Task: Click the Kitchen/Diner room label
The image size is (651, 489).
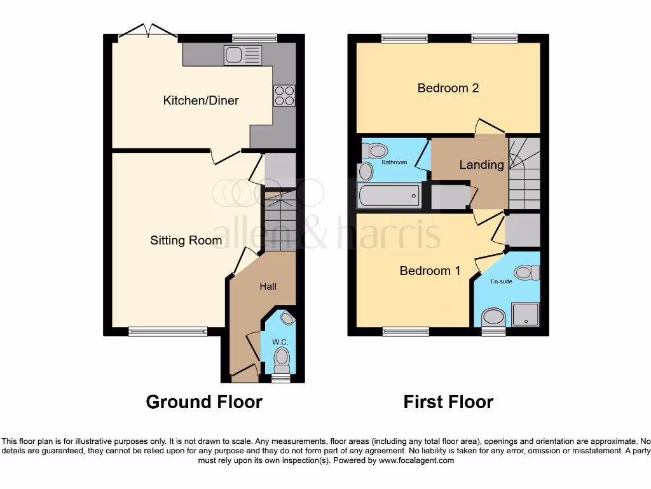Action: coord(201,101)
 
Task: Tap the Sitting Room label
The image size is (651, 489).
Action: coord(186,240)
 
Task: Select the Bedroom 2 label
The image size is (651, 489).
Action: coord(448,88)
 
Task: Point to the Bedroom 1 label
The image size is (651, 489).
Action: coord(430,271)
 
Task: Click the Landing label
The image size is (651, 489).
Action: coord(481,165)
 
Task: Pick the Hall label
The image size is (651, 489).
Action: coord(268,287)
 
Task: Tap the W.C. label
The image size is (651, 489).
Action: coord(280,343)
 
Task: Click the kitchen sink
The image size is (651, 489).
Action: coord(242,56)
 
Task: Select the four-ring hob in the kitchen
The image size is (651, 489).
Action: coord(284,95)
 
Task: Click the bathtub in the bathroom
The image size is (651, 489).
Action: coord(389,195)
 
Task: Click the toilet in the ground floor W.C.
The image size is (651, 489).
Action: coord(282,362)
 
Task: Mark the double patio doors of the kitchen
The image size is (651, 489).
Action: coord(147,32)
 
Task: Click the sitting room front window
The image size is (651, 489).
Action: coord(168,330)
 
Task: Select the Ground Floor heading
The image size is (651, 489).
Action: coord(204,402)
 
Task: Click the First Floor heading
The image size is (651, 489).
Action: coord(448,402)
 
